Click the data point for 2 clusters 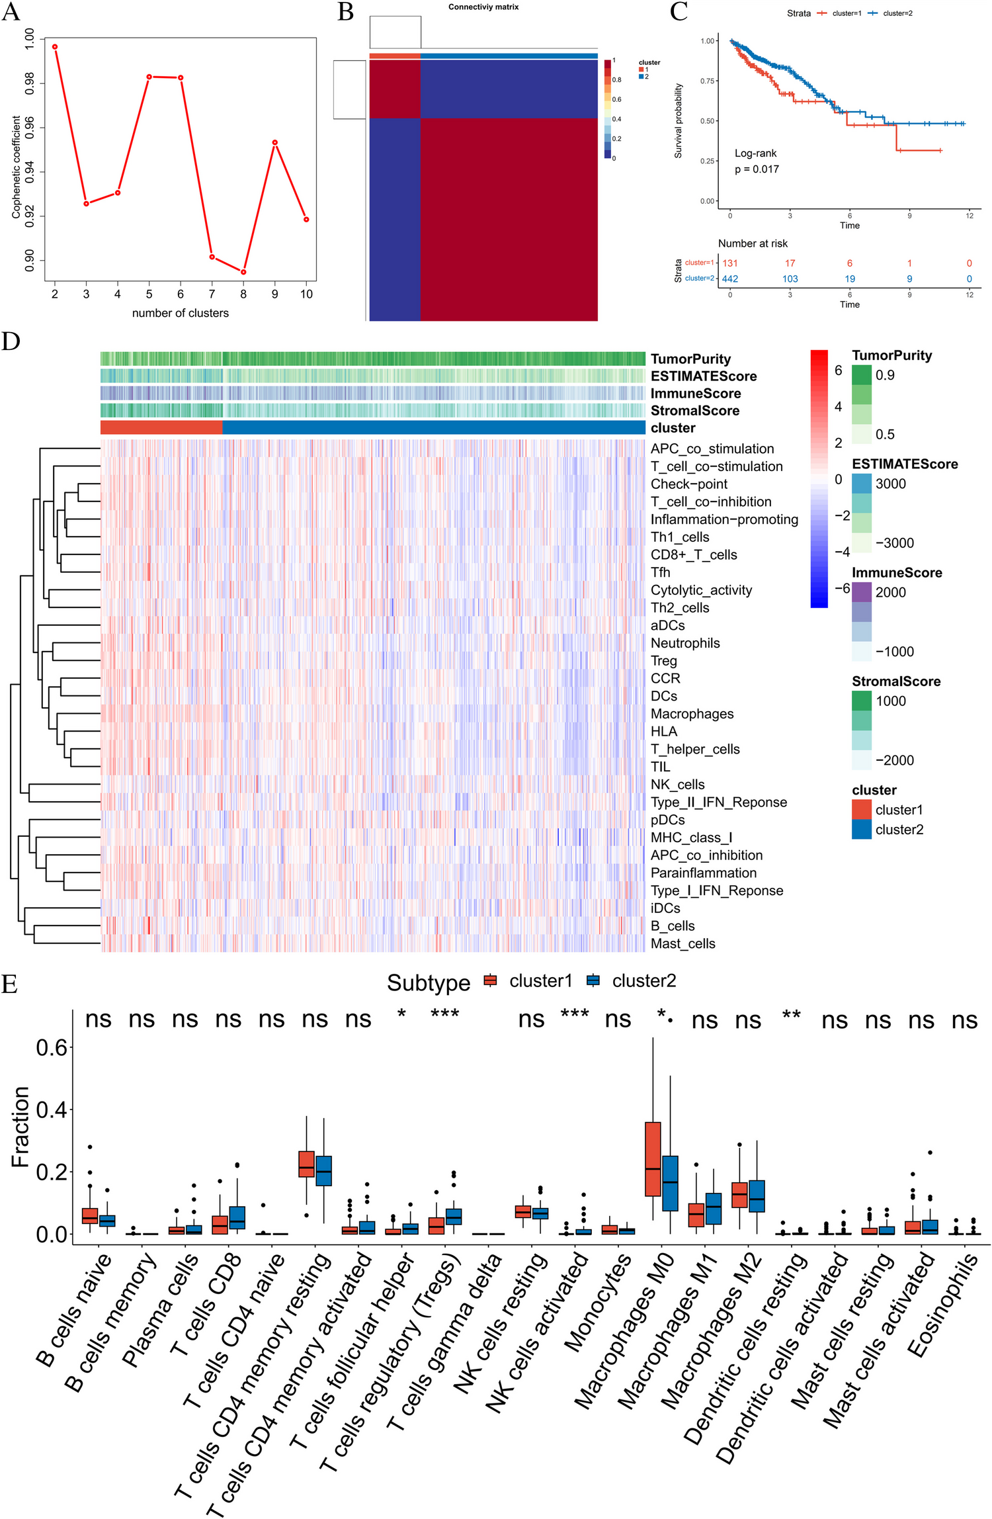(x=55, y=47)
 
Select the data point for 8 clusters (x=243, y=272)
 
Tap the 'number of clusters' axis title (x=180, y=313)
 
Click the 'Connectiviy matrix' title (x=483, y=7)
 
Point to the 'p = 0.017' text (x=757, y=169)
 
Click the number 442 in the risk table (x=729, y=279)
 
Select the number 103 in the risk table (x=790, y=279)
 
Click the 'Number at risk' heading (x=753, y=243)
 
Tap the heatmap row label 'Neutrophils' (x=685, y=643)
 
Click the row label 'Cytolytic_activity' (x=701, y=590)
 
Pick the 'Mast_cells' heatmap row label (x=682, y=943)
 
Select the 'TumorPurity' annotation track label (x=690, y=359)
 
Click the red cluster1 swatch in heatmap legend (x=861, y=810)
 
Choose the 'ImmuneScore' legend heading (x=896, y=573)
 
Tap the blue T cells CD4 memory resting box (x=323, y=1171)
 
